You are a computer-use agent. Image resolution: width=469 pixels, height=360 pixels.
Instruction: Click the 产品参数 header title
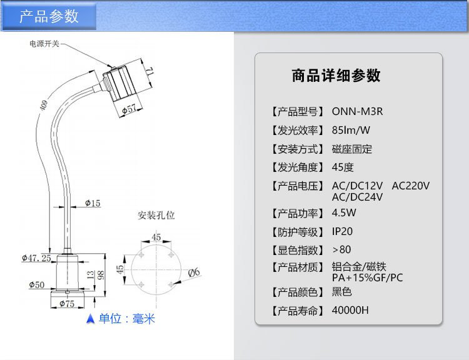(49, 16)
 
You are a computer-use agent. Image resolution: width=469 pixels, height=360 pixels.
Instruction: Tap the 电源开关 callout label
(44, 44)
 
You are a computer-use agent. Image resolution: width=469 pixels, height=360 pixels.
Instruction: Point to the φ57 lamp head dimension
(129, 109)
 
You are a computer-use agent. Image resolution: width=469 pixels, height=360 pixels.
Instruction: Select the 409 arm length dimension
(44, 105)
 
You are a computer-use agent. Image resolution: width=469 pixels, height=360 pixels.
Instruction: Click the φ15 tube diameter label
(93, 203)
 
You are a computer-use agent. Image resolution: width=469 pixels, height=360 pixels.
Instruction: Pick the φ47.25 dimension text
(36, 258)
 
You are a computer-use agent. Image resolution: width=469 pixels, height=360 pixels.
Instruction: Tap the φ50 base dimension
(37, 284)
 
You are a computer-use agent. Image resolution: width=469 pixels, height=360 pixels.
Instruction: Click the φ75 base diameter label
(67, 304)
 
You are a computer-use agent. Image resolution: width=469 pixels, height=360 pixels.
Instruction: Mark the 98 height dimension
(101, 275)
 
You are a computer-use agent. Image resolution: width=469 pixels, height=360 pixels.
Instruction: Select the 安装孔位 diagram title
(156, 215)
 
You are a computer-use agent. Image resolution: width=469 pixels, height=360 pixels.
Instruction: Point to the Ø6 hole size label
(194, 272)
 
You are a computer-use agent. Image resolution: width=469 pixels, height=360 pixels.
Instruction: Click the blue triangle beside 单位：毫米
(90, 319)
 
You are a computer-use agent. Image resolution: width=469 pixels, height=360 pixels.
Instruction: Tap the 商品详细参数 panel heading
(336, 76)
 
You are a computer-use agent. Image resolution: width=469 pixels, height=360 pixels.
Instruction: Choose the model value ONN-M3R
(357, 111)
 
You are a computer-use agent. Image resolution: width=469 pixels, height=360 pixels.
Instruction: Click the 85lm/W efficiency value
(351, 130)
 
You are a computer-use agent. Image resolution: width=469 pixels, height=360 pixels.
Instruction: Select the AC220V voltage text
(410, 186)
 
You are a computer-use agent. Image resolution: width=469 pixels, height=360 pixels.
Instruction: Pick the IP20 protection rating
(342, 231)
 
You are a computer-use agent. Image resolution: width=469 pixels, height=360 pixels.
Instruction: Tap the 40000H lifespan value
(350, 311)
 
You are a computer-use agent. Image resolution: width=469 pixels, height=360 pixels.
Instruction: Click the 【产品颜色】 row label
(297, 292)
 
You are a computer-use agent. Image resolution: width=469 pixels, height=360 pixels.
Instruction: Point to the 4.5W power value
(344, 213)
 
